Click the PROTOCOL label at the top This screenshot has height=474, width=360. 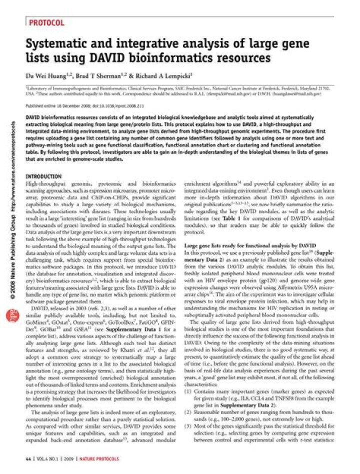click(46, 22)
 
